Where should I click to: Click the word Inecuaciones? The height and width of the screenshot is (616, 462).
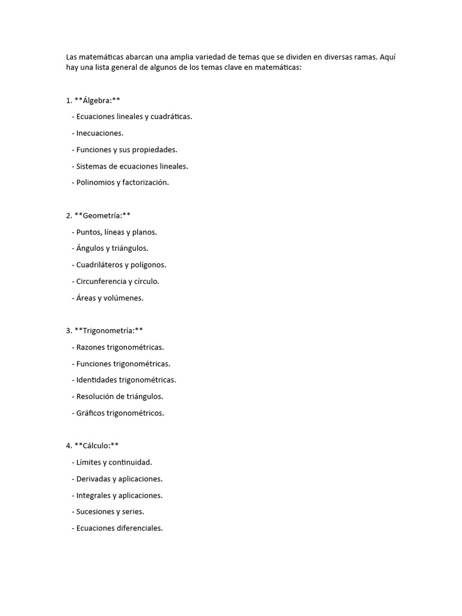pos(100,133)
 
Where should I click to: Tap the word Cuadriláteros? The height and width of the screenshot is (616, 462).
pos(100,265)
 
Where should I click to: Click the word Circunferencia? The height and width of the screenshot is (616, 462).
pos(101,281)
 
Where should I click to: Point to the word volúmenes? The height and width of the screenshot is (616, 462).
pos(123,298)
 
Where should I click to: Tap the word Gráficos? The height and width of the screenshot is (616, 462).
pos(90,413)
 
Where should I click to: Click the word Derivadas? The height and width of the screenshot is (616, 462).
pos(93,479)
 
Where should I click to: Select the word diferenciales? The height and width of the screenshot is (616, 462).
pos(140,529)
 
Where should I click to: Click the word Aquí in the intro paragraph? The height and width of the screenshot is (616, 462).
pos(388,57)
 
